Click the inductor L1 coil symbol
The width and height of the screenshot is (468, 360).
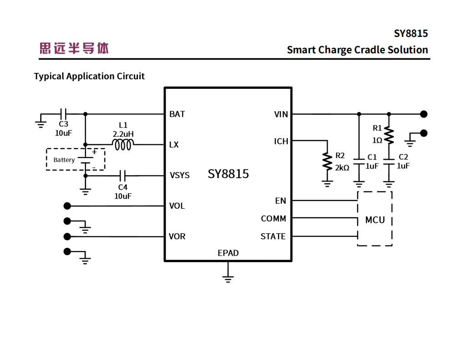pyautogui.click(x=122, y=145)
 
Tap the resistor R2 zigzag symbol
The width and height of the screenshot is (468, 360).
pyautogui.click(x=327, y=162)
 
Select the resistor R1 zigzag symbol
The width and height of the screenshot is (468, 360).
pyautogui.click(x=388, y=135)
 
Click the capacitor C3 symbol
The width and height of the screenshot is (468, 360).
pyautogui.click(x=64, y=114)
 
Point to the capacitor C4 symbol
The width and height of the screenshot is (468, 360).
pyautogui.click(x=122, y=175)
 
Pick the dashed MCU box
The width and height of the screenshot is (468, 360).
pyautogui.click(x=375, y=219)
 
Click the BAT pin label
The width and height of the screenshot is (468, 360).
pyautogui.click(x=177, y=114)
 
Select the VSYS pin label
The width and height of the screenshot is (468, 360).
pyautogui.click(x=179, y=175)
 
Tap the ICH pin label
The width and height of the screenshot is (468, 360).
pyautogui.click(x=281, y=141)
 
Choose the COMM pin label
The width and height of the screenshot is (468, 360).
pyautogui.click(x=273, y=219)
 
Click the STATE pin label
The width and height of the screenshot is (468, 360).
pyautogui.click(x=273, y=237)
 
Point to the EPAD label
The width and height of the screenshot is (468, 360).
pyautogui.click(x=228, y=253)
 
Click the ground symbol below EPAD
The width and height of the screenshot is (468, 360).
pyautogui.click(x=228, y=278)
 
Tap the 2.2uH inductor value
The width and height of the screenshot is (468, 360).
pyautogui.click(x=123, y=134)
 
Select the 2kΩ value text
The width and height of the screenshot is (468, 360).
pyautogui.click(x=342, y=168)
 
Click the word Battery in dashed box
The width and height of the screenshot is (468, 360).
pyautogui.click(x=64, y=160)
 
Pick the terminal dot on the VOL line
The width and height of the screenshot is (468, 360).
pyautogui.click(x=67, y=206)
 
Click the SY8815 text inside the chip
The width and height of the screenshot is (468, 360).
pyautogui.click(x=228, y=174)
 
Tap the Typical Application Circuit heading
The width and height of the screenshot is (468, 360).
pyautogui.click(x=89, y=76)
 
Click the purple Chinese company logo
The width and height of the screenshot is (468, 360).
pyautogui.click(x=74, y=48)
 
